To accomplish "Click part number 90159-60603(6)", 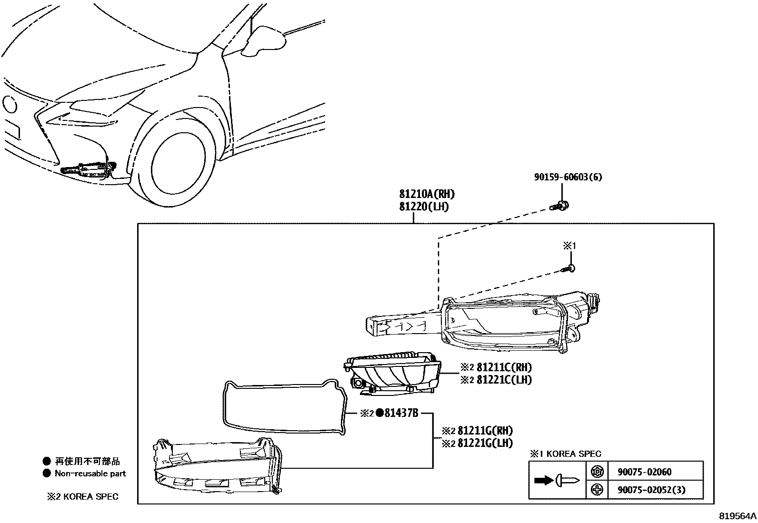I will click(x=568, y=177).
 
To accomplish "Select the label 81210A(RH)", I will click(x=427, y=194).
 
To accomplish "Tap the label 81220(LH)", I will click(x=423, y=207).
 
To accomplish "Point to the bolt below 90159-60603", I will click(x=561, y=206).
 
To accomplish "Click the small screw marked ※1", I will click(x=570, y=268).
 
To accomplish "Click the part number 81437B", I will click(x=400, y=413).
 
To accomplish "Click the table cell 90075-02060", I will click(x=644, y=472).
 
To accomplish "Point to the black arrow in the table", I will click(x=543, y=481).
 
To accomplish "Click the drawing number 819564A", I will click(x=738, y=516).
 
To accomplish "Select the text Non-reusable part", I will click(x=90, y=474).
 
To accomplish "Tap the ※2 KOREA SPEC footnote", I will click(x=82, y=497).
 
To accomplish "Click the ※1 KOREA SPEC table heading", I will click(x=565, y=454).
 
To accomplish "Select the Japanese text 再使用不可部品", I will click(x=88, y=461).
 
